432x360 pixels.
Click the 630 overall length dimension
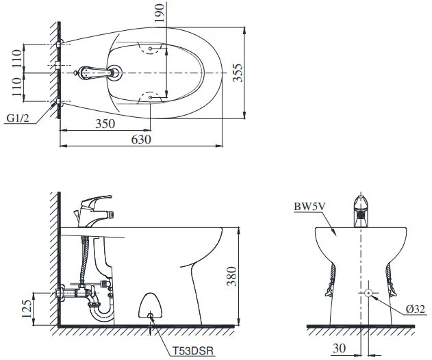(x=141, y=139)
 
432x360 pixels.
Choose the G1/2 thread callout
(x=18, y=118)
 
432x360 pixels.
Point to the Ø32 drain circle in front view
(x=369, y=293)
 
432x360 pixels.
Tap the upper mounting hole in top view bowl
(x=151, y=49)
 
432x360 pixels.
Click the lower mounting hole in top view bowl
(x=151, y=98)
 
